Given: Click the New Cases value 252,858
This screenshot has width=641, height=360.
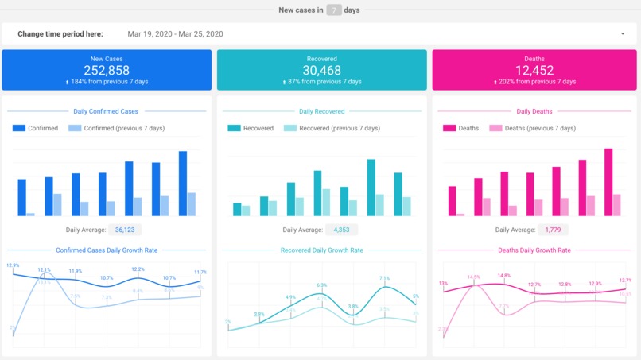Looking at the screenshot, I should [x=107, y=70].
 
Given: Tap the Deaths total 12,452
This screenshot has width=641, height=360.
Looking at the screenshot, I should [x=534, y=70].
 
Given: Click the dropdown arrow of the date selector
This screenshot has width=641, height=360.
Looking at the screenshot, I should [x=622, y=34].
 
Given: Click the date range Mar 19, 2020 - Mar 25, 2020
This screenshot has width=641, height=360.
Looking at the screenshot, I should [x=175, y=34].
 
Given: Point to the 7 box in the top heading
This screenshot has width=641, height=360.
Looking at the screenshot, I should [x=336, y=10].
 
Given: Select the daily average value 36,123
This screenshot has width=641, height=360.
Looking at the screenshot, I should [x=124, y=230].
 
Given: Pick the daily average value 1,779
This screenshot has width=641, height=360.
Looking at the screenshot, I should [x=553, y=230].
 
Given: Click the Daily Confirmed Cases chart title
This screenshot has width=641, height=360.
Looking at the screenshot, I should [x=107, y=111].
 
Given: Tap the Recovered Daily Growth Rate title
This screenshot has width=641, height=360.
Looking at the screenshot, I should [x=322, y=250].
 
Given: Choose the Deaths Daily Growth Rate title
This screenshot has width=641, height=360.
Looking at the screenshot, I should [x=534, y=250].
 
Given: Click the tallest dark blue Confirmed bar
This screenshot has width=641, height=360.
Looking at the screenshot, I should [x=183, y=184].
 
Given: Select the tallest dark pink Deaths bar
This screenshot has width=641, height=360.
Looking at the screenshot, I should [x=608, y=182].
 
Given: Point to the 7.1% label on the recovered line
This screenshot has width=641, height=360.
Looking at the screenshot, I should [x=385, y=278].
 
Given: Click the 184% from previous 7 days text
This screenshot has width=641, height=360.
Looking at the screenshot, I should [x=108, y=82].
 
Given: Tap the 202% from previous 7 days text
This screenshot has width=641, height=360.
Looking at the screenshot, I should [x=536, y=82].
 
